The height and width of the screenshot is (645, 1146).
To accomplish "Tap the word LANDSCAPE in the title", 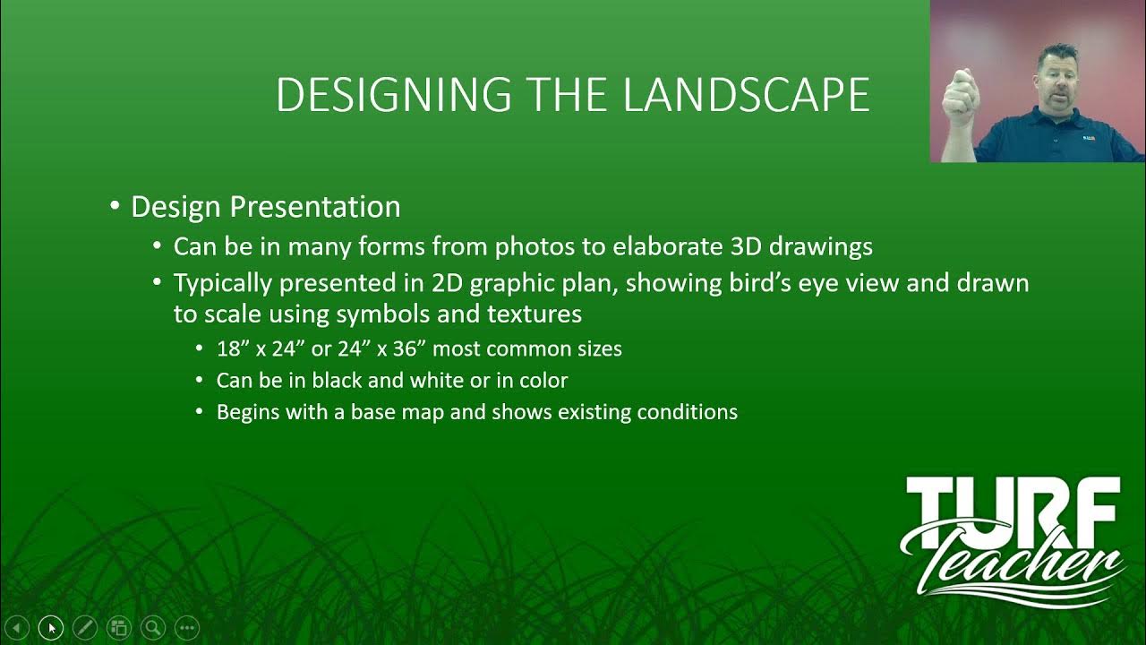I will click(746, 95).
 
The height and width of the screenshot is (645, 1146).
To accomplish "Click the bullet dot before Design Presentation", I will click(115, 206).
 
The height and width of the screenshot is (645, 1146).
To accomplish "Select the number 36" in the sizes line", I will click(409, 348).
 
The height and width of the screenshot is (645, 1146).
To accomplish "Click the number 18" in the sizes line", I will click(233, 348).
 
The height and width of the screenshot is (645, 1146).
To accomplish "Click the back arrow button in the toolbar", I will click(17, 628).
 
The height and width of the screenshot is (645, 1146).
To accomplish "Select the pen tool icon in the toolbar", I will click(84, 628).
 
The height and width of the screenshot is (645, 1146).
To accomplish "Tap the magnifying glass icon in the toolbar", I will click(152, 628).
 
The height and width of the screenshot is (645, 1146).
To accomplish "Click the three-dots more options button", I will click(186, 628).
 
